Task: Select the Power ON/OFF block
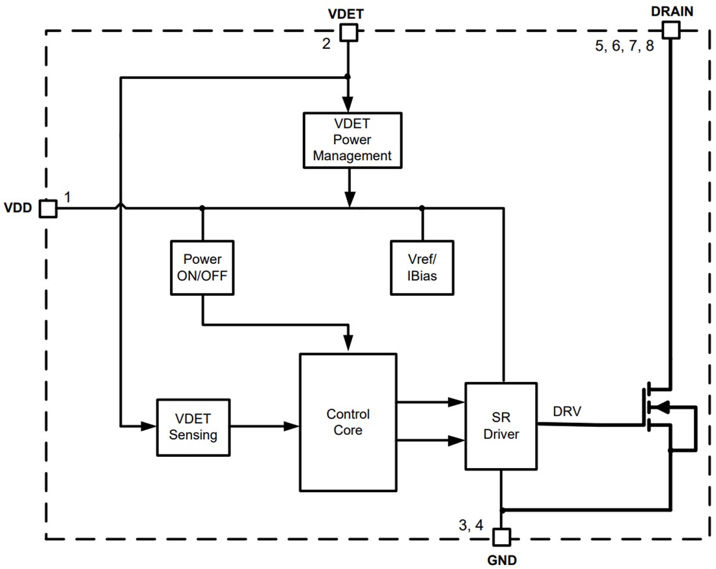tap(202, 267)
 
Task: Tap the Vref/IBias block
tap(422, 267)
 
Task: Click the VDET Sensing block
tap(193, 426)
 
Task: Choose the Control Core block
tap(348, 422)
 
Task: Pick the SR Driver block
tap(501, 426)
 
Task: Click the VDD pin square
tap(48, 208)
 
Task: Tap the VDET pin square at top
tap(349, 32)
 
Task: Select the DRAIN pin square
tap(670, 29)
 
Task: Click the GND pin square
tap(501, 537)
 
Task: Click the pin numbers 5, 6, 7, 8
tap(624, 47)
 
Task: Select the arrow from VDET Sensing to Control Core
tap(264, 427)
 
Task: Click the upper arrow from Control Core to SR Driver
tap(430, 402)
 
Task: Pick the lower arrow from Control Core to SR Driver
tap(430, 441)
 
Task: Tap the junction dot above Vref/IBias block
tap(422, 208)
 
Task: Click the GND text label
tap(501, 559)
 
